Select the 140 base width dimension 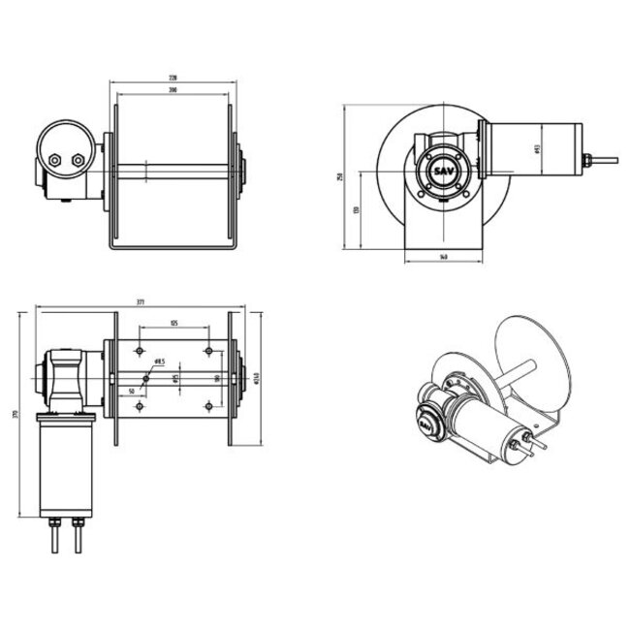pos(443,258)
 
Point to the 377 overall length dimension pos(142,303)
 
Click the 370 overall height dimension pos(15,415)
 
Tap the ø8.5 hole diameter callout pos(159,362)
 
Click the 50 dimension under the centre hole pos(131,391)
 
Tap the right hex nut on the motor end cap pos(79,160)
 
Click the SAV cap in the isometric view pos(425,424)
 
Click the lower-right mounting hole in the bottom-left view pos(209,408)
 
